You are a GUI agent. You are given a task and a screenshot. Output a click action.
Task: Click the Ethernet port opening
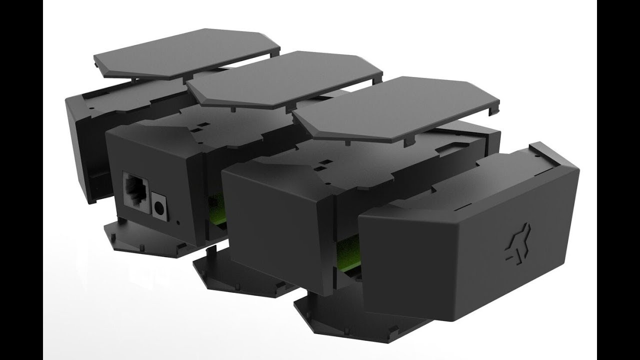(x=136, y=194)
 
